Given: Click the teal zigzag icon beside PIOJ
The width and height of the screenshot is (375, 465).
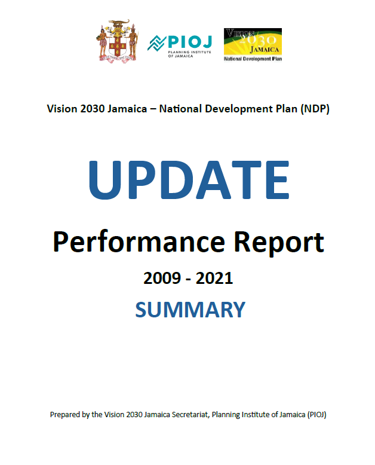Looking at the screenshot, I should coord(158,43).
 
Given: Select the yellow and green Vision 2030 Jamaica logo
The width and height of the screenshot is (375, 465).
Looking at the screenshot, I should coord(253,41).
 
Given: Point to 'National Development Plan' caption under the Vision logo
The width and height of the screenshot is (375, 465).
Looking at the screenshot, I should coord(253,59).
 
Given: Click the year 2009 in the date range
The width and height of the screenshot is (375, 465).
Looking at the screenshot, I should coord(162,278).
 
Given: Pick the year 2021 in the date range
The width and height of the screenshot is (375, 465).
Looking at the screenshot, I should coord(214,278).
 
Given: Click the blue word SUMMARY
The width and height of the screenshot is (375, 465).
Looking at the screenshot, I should coord(190,309).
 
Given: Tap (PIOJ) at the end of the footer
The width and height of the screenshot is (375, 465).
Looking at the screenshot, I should coord(316,414).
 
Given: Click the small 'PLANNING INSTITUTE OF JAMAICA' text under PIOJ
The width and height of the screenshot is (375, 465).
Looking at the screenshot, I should coord(185,54).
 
